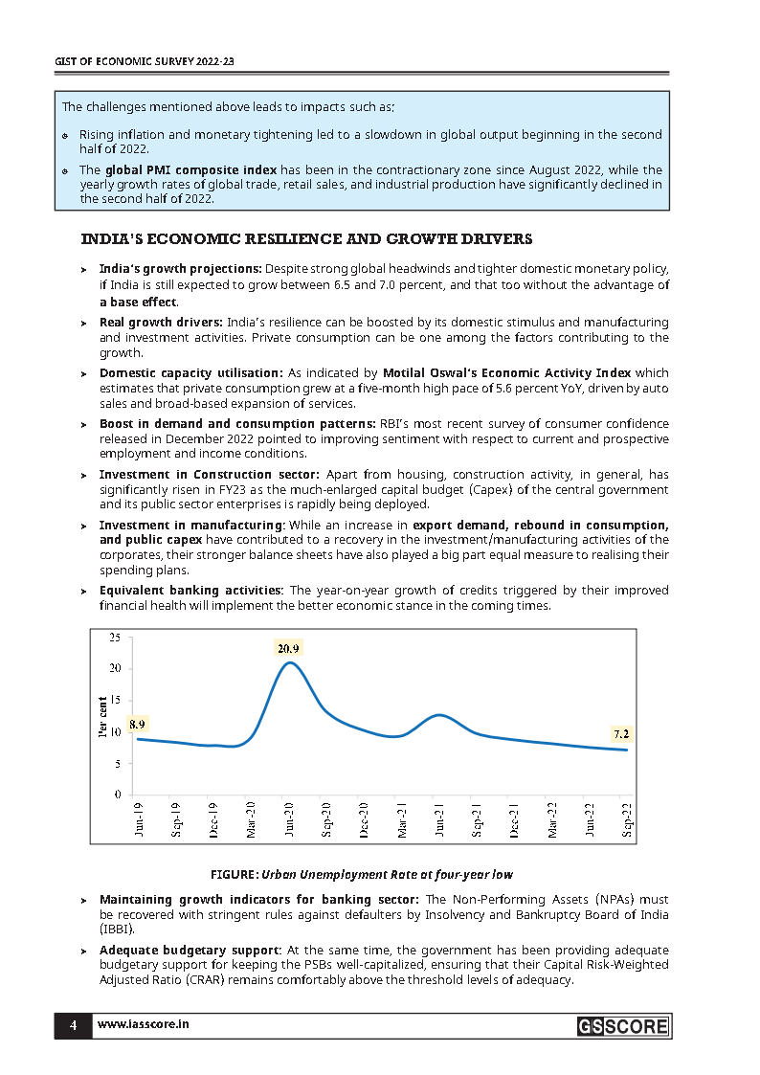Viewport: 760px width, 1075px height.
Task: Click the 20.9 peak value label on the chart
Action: (x=289, y=649)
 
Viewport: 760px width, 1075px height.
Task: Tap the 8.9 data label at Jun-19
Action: (x=138, y=724)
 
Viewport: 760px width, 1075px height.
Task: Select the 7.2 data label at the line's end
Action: (x=620, y=733)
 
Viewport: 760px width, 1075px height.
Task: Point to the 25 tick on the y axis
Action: (x=115, y=637)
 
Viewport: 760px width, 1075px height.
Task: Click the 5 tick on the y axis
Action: (x=118, y=764)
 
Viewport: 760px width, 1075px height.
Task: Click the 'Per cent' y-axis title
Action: (x=102, y=716)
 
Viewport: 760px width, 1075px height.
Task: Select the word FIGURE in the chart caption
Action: (x=234, y=874)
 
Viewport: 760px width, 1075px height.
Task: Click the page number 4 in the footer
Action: (x=73, y=1025)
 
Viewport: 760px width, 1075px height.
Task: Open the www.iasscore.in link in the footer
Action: (x=144, y=1025)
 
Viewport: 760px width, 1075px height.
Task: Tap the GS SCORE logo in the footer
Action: (x=622, y=1027)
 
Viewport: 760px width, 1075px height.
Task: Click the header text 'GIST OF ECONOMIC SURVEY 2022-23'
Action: (x=144, y=60)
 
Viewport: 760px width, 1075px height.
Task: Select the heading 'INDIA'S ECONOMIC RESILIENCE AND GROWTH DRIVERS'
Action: (x=306, y=238)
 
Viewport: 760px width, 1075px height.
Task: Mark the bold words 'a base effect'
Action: (x=138, y=302)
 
